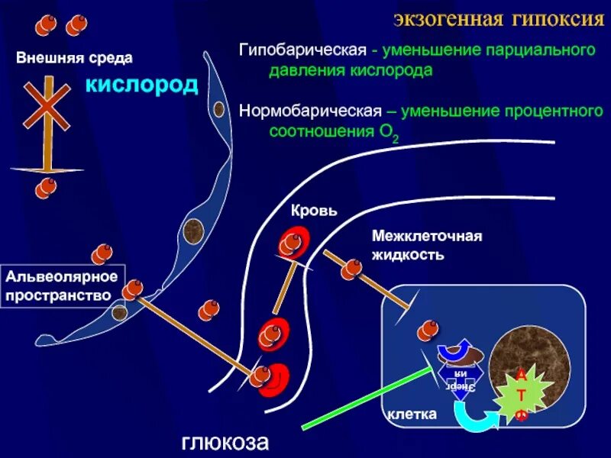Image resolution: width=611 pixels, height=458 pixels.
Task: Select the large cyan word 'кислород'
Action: coord(141,84)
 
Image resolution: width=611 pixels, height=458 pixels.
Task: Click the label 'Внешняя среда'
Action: coord(75,57)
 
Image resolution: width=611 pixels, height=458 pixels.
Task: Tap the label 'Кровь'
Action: coord(314,210)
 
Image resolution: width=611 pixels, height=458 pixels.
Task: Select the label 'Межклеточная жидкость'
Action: coord(426,245)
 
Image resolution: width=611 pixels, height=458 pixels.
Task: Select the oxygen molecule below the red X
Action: coord(47,187)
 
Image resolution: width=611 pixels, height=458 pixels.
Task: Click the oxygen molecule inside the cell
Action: coord(428,330)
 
